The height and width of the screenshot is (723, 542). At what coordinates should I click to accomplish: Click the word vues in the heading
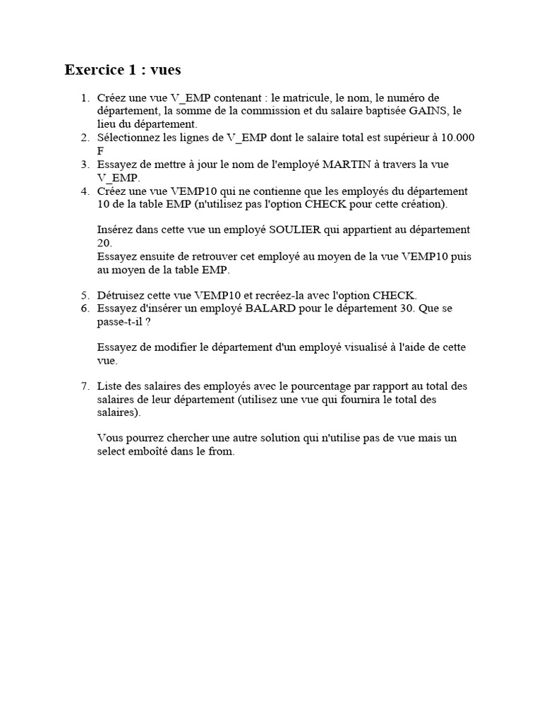[x=165, y=70]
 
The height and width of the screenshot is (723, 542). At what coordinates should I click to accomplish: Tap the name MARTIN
[x=347, y=165]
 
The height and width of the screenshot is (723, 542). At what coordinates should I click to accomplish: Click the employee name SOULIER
[x=292, y=229]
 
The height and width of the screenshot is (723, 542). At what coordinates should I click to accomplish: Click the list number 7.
[x=85, y=386]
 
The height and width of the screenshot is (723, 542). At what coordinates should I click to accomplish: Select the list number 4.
[x=85, y=191]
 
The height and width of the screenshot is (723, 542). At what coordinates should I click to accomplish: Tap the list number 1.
[x=85, y=97]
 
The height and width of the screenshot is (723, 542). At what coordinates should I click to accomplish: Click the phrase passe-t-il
[x=120, y=321]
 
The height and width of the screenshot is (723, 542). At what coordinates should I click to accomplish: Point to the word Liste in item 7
[x=110, y=386]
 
